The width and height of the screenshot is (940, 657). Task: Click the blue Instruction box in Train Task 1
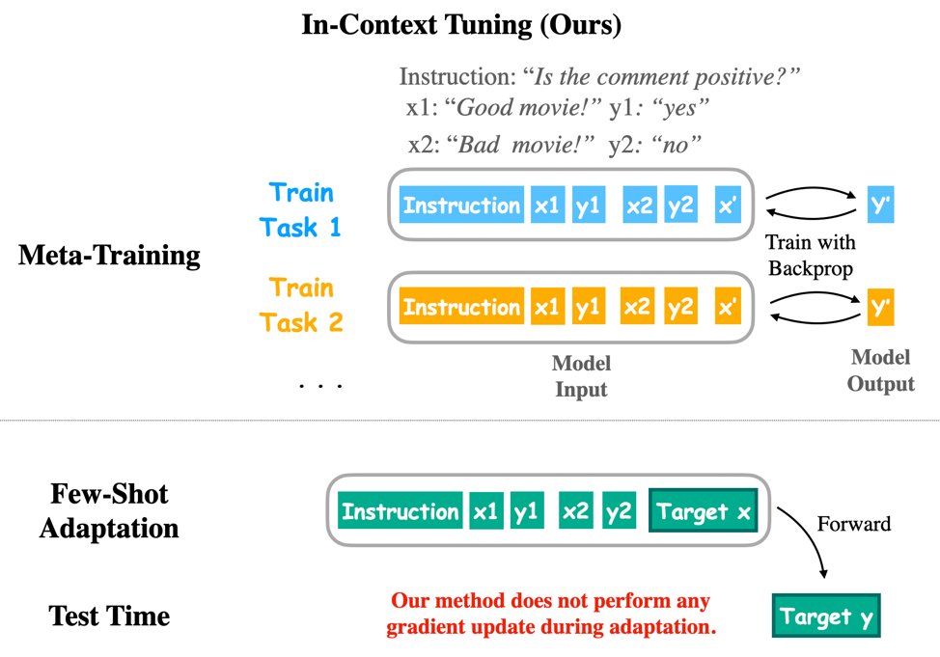coord(461,205)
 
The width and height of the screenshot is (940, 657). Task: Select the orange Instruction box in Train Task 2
coord(461,308)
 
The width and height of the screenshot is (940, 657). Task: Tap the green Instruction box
coord(401,512)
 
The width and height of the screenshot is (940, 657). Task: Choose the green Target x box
coord(705,512)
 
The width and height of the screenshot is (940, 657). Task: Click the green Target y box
coord(826,616)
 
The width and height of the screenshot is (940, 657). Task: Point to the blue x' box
coord(728,205)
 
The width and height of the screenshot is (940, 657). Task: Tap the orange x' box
coord(728,308)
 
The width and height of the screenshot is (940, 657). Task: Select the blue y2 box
coord(682,205)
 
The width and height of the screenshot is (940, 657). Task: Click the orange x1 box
coord(546,308)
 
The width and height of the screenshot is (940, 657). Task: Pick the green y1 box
coord(527,512)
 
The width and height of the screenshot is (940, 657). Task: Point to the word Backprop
coord(812,266)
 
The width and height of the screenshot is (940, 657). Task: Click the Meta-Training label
coord(109,257)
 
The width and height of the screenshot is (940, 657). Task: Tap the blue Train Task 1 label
coord(301,209)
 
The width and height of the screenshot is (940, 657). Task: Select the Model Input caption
coord(581,376)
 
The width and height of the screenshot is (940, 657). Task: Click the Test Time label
coord(109,616)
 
